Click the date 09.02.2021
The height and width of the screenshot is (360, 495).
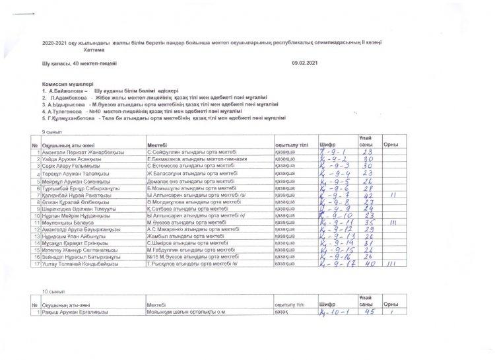point(304,62)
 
